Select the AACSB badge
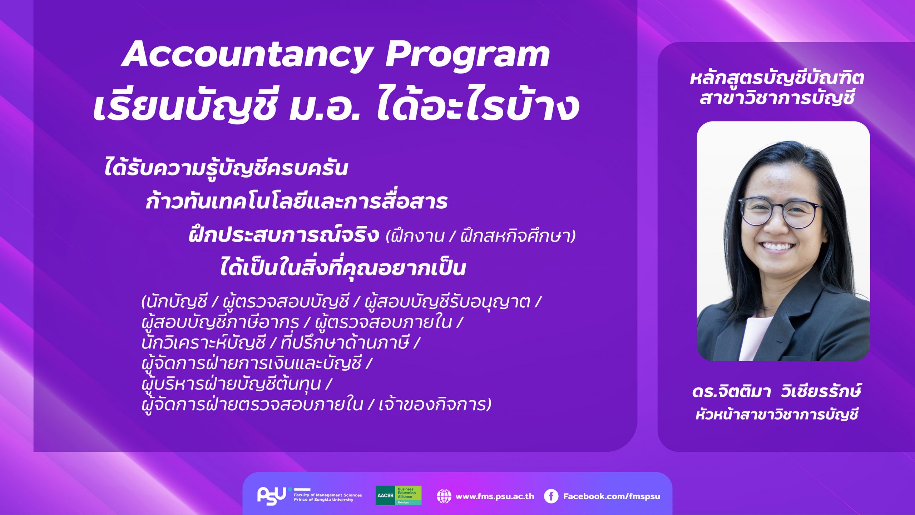click(x=398, y=495)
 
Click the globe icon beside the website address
click(x=444, y=496)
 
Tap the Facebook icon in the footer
click(x=551, y=496)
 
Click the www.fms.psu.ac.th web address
click(x=495, y=496)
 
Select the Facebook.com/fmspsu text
click(x=612, y=496)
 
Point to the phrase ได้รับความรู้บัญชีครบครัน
click(x=226, y=168)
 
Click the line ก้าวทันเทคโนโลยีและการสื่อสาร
click(x=296, y=202)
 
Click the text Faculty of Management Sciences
click(x=328, y=495)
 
